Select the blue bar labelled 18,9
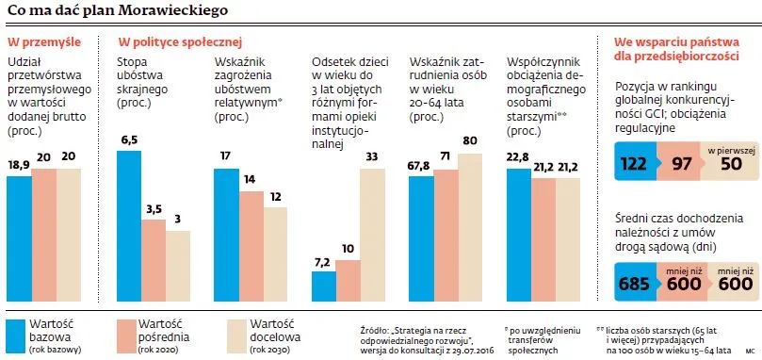coord(19,236)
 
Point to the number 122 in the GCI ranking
coord(635,163)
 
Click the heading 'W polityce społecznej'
coord(180,42)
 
